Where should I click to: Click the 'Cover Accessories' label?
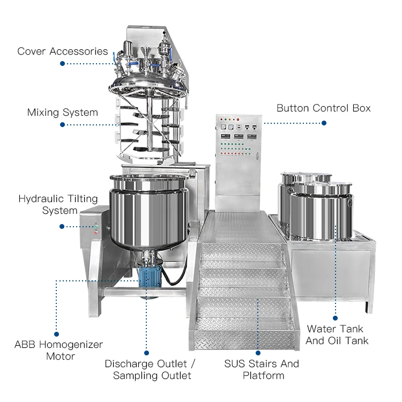tap(62, 51)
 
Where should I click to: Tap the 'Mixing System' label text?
tap(63, 113)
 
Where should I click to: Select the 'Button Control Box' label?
tap(323, 108)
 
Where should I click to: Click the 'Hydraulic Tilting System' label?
tap(58, 205)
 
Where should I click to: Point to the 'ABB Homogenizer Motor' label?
tap(58, 351)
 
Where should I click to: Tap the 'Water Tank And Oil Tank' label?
tap(334, 334)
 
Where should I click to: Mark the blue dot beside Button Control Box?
tap(324, 123)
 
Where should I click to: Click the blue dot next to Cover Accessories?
tap(62, 63)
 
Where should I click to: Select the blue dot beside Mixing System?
tap(62, 124)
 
